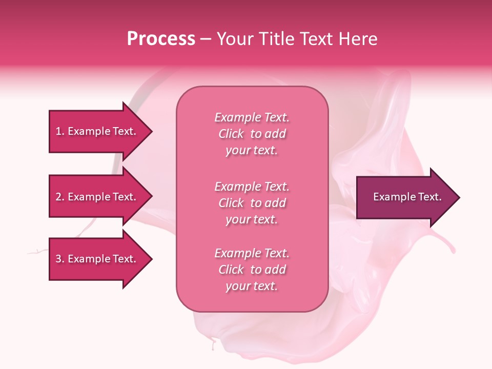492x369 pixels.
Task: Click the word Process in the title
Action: pos(161,39)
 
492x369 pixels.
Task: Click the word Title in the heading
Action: pos(275,39)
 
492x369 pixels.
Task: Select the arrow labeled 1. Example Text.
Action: pos(97,131)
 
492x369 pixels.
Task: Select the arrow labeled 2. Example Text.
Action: pos(97,197)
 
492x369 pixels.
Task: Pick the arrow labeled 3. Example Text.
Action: pos(97,259)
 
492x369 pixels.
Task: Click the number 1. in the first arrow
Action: pos(60,131)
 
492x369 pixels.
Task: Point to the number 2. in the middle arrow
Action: pos(60,197)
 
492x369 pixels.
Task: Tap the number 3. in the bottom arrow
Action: pos(60,259)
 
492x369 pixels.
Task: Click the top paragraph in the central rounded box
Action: pos(252,134)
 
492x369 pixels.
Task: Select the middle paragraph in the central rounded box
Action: pos(252,203)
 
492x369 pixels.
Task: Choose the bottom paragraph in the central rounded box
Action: pos(252,270)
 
